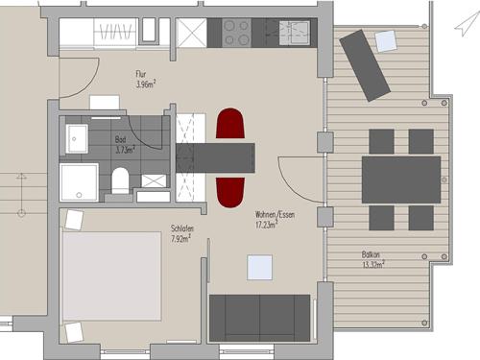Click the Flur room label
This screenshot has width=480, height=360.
coord(141,74)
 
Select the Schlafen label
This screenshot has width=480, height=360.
coord(182,228)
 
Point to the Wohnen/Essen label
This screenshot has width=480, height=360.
coord(275,214)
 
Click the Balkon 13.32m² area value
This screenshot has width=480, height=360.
coord(373,265)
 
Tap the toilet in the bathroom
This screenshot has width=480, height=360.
coord(120,180)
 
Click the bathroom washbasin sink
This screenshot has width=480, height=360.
coord(77,139)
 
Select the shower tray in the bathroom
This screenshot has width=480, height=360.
coord(79,182)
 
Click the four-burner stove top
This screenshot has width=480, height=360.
coord(237,33)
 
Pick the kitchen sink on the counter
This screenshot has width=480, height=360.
coord(295,33)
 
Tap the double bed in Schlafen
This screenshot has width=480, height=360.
coord(112,276)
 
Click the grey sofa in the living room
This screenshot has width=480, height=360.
coord(259,318)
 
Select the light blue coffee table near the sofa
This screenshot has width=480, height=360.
coord(259,268)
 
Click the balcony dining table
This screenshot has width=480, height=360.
coord(401,180)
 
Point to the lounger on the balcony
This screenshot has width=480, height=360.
coord(365,65)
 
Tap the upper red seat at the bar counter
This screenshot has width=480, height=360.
coord(230,124)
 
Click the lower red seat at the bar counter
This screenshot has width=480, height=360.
coord(230,193)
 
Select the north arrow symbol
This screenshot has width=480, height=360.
coord(468,23)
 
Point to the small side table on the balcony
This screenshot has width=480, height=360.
coord(386,41)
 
